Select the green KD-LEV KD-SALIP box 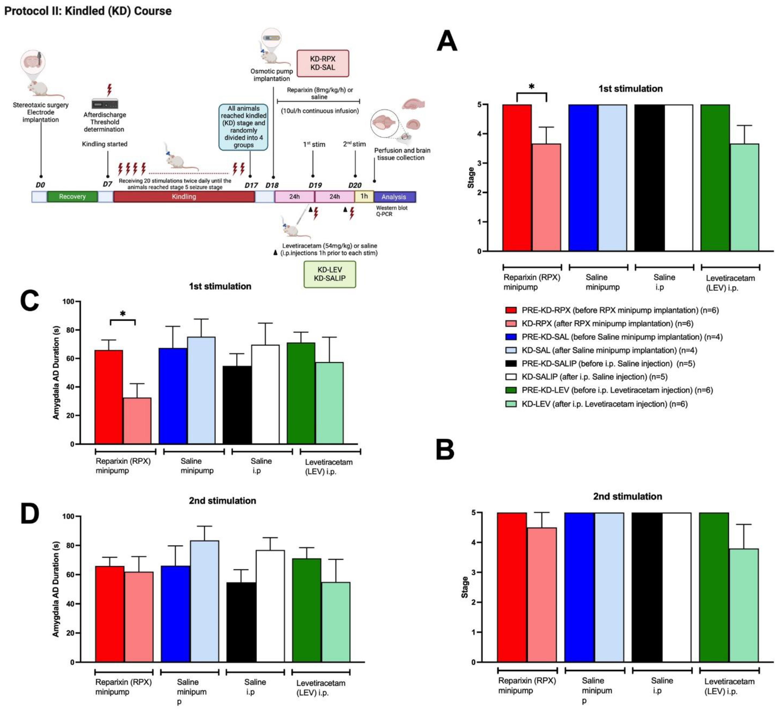[330, 274]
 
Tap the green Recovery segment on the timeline [72, 197]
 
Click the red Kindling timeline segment [184, 197]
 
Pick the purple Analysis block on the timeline [394, 197]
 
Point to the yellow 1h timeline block [364, 196]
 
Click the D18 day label [272, 185]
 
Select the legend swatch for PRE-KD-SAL [511, 336]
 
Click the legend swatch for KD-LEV [511, 404]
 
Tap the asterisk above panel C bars [123, 314]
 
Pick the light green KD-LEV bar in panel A [744, 197]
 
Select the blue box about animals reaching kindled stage [243, 127]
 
